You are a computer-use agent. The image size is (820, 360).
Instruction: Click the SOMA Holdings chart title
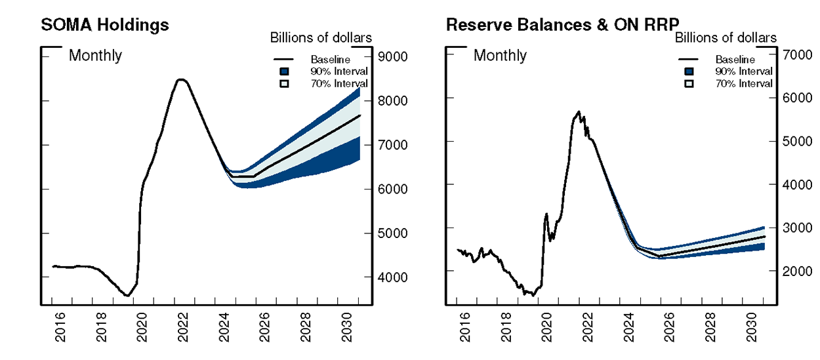(105, 25)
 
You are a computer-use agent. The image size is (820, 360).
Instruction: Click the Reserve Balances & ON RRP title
(562, 25)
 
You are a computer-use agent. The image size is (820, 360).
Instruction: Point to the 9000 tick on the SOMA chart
(393, 56)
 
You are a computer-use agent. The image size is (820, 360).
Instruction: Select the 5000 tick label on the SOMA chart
(393, 233)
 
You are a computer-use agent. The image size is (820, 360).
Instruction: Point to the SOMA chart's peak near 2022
(182, 80)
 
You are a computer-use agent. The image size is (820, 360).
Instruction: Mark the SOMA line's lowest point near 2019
(127, 296)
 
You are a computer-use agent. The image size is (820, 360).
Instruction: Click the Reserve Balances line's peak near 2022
(579, 112)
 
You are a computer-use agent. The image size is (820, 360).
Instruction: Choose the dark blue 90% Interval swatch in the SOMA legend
(284, 71)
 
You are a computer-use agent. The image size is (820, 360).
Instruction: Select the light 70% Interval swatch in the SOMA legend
(284, 83)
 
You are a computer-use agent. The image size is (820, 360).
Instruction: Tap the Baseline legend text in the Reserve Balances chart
(735, 60)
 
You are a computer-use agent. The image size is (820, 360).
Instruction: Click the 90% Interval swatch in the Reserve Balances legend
(689, 71)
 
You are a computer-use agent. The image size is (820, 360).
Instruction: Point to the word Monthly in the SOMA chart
(95, 56)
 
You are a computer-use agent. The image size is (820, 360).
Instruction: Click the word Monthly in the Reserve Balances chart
(500, 56)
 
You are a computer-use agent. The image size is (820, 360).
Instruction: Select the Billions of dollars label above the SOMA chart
(321, 38)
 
